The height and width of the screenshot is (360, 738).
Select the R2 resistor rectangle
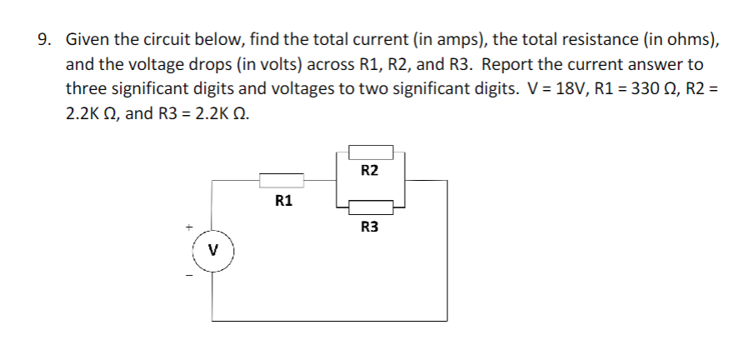tap(371, 152)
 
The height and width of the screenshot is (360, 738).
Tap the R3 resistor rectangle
tap(371, 207)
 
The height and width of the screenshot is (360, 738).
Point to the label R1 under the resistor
tap(283, 201)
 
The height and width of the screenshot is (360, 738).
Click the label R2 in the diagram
tap(370, 171)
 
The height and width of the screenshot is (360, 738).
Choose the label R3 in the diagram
tap(370, 226)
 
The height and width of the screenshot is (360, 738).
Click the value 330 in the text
tap(616, 89)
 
